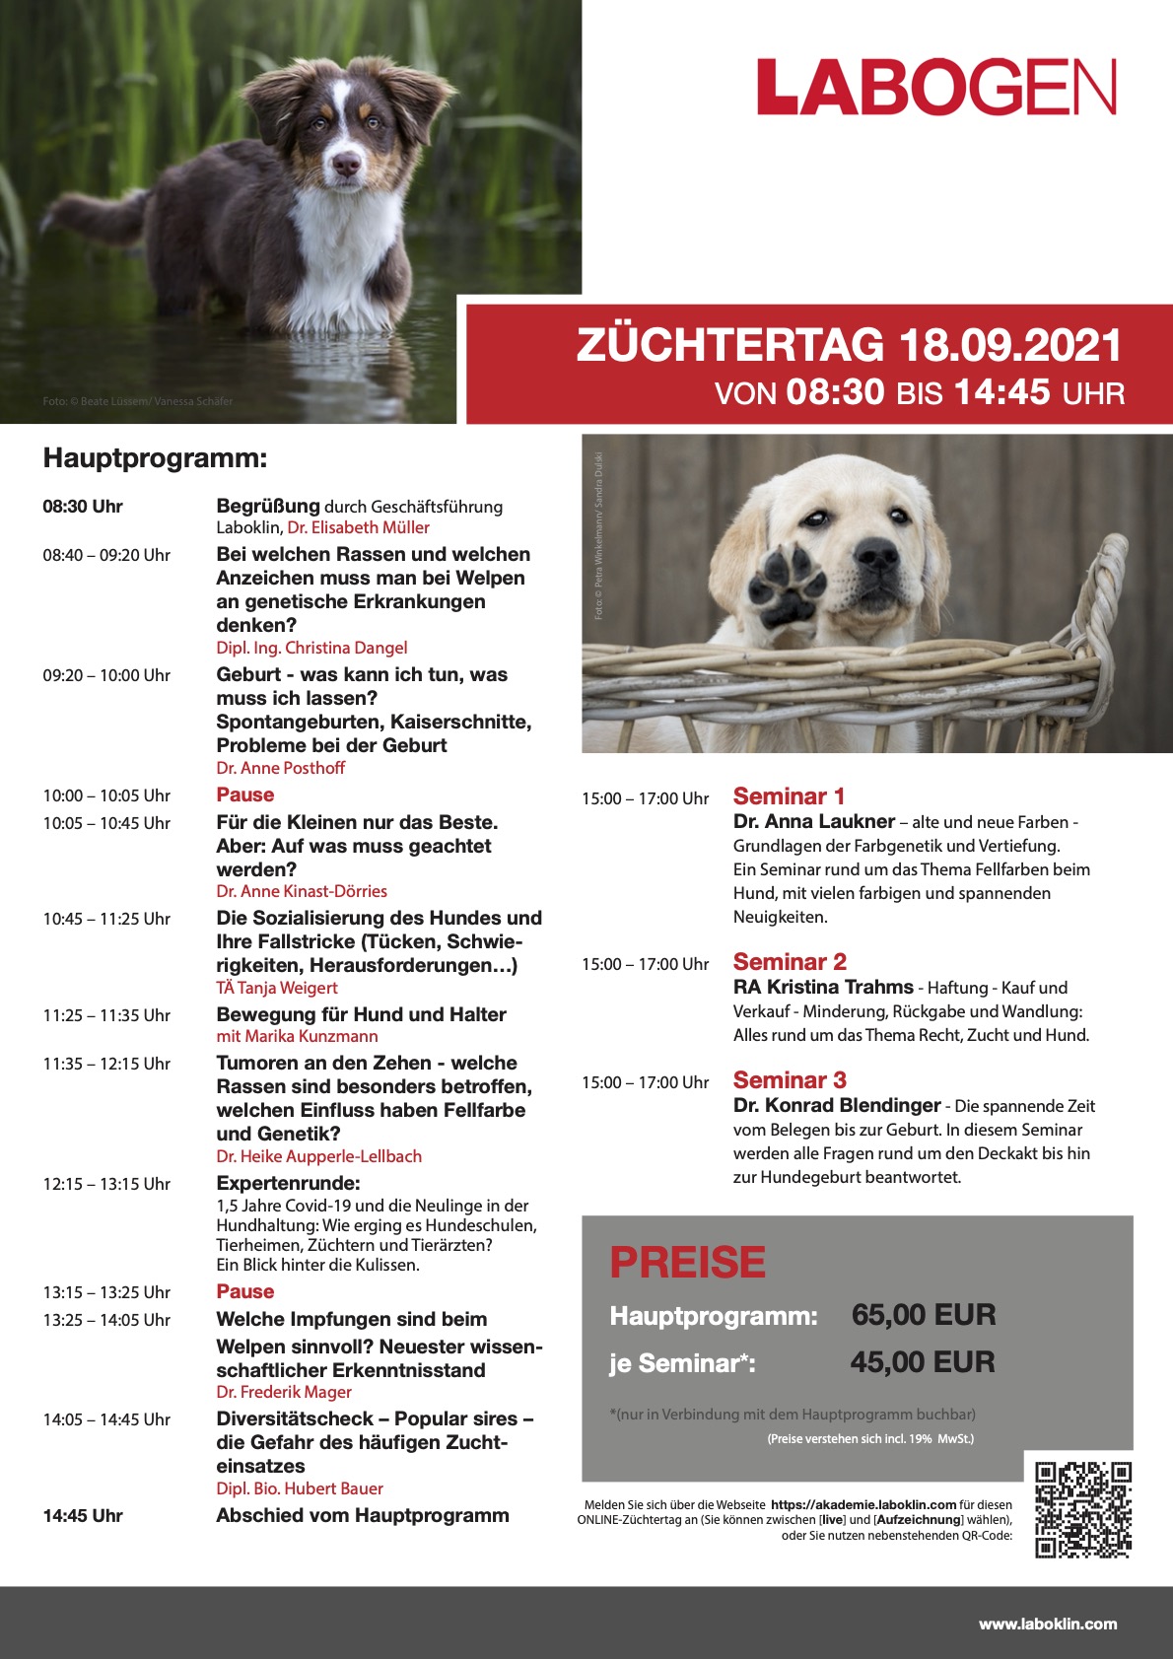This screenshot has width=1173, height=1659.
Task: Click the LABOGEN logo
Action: point(936,87)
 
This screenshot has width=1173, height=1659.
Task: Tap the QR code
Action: point(1083,1509)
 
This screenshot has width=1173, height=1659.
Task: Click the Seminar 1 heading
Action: point(789,796)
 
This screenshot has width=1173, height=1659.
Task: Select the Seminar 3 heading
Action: point(790,1080)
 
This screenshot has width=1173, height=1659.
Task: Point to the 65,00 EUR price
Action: point(924,1315)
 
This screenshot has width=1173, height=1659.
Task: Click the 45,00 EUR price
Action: point(923,1362)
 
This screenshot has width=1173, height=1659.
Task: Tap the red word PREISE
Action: point(687,1262)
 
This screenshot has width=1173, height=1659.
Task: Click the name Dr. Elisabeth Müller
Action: point(359,527)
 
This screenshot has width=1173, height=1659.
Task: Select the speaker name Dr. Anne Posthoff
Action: point(281,768)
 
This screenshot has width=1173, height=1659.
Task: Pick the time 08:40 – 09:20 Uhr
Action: point(106,555)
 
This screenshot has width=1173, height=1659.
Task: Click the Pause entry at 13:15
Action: point(245,1291)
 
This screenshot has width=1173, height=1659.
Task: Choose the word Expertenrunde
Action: point(288,1183)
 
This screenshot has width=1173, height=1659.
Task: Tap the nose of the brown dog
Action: point(347,163)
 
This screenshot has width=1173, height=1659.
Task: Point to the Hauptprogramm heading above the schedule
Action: point(155,458)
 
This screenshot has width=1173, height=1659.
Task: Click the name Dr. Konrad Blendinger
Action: point(837,1105)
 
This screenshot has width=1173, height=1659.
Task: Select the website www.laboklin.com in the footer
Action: point(1047,1624)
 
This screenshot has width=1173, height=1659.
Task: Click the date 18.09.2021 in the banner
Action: point(1010,345)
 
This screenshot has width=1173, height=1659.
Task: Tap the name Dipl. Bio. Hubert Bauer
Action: point(300,1488)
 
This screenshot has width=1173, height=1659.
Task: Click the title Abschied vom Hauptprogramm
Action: point(363,1515)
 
